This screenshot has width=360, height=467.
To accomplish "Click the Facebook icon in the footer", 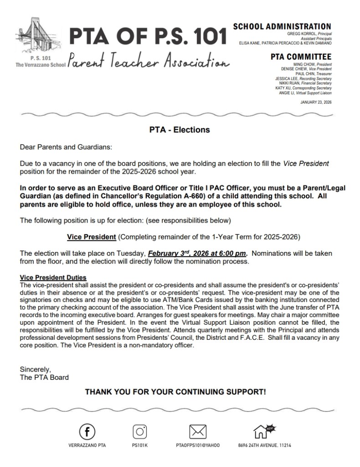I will (87, 431).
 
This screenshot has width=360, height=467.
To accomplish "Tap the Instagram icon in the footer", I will (140, 431).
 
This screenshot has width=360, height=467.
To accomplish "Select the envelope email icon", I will (198, 431).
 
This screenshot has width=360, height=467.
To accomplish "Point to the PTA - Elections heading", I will (180, 130).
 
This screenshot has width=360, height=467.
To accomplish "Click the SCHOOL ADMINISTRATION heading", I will (282, 27).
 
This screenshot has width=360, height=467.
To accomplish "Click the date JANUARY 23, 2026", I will (316, 102).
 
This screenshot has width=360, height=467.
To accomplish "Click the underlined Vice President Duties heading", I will (53, 278).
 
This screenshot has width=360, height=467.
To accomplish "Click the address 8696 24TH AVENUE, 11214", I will (265, 446).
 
